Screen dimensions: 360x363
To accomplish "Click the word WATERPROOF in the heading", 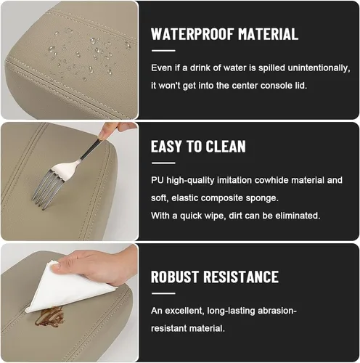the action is click(192, 34).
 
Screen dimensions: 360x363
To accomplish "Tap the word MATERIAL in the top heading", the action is click(268, 34).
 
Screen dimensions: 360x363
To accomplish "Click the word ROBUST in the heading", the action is click(175, 277).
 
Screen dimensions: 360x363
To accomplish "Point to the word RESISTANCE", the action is click(241, 277).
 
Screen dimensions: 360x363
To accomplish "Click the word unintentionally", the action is click(319, 68).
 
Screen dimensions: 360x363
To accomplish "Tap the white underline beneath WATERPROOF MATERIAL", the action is click(163, 51).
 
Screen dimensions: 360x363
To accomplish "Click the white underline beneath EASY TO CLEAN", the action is click(163, 163).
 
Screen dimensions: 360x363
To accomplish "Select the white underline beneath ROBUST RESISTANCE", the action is click(163, 293).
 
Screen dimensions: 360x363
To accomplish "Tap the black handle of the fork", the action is click(91, 150).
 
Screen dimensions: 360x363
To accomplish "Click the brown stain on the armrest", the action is click(50, 317).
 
